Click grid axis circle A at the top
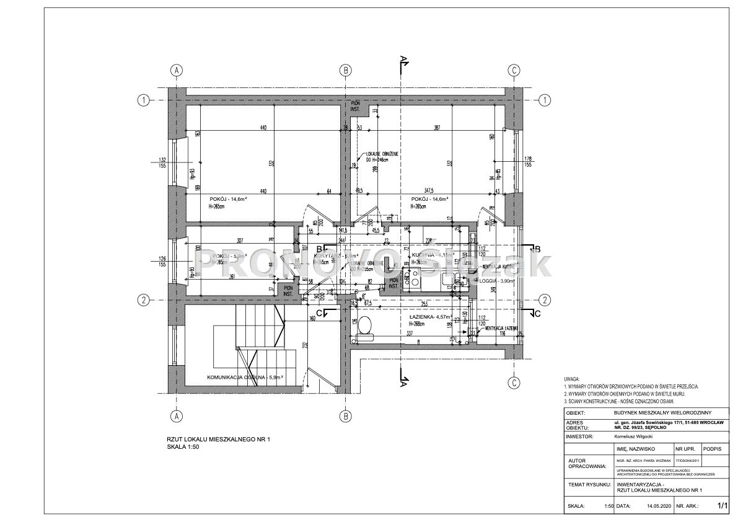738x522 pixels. tap(177, 70)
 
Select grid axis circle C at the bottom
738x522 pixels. tap(514, 383)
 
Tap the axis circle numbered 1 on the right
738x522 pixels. tap(545, 100)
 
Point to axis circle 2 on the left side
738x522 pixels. tap(143, 300)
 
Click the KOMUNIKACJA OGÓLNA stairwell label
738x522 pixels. tap(245, 376)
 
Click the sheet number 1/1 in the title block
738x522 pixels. tap(721, 506)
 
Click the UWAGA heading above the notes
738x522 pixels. tap(572, 379)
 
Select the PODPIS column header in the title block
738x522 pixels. tap(713, 447)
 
